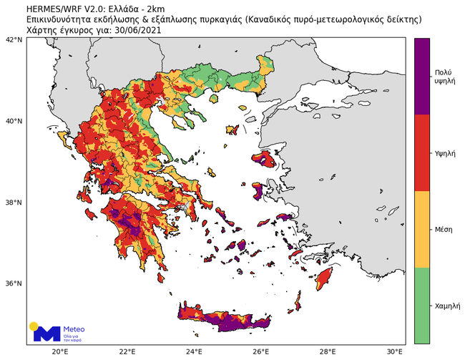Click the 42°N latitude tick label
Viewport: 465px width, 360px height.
click(15, 40)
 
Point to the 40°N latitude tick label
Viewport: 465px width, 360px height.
click(15, 121)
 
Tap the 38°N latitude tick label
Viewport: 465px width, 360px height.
click(15, 203)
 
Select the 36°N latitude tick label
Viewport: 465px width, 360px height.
click(15, 283)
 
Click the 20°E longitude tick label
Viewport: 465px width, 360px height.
click(60, 351)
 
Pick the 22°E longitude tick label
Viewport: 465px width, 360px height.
click(127, 351)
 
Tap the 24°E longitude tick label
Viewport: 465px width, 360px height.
click(194, 351)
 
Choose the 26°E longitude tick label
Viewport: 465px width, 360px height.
click(260, 351)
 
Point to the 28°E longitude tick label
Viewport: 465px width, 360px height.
click(328, 351)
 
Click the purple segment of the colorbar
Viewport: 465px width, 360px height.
click(422, 76)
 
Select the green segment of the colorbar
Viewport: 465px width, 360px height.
click(422, 306)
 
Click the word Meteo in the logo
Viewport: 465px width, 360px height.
click(74, 329)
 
